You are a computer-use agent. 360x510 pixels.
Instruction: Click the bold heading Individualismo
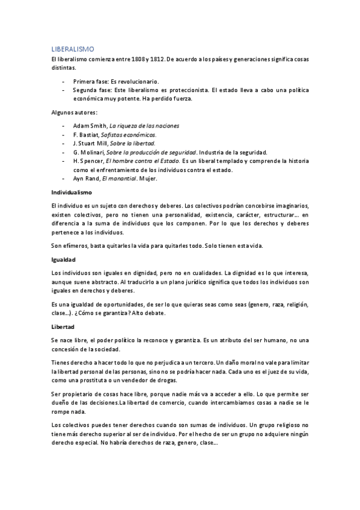coord(72,192)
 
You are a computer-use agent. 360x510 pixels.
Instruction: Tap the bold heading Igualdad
coord(63,260)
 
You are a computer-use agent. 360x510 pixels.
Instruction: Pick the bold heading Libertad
coord(63,327)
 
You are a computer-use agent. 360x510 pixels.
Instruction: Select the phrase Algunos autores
coord(74,112)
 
